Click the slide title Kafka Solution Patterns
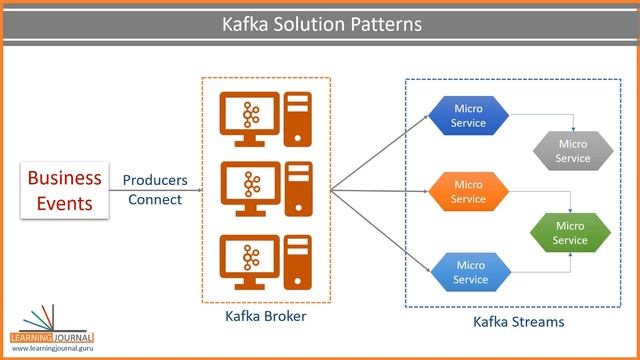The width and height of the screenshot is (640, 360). pyautogui.click(x=321, y=21)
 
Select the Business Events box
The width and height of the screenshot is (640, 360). pyautogui.click(x=64, y=190)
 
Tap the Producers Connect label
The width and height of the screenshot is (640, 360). pyautogui.click(x=155, y=190)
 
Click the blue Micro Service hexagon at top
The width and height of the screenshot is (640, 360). pyautogui.click(x=469, y=116)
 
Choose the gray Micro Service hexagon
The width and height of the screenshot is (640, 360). pyautogui.click(x=572, y=151)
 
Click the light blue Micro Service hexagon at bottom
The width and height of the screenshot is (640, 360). pyautogui.click(x=470, y=272)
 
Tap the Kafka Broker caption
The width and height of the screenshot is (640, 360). pyautogui.click(x=265, y=317)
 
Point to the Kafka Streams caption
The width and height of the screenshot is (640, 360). pyautogui.click(x=518, y=322)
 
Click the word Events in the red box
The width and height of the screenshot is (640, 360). pyautogui.click(x=64, y=203)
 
